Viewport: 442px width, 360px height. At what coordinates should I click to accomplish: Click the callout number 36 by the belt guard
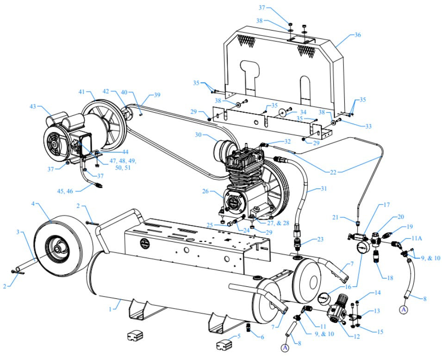click(357, 35)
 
